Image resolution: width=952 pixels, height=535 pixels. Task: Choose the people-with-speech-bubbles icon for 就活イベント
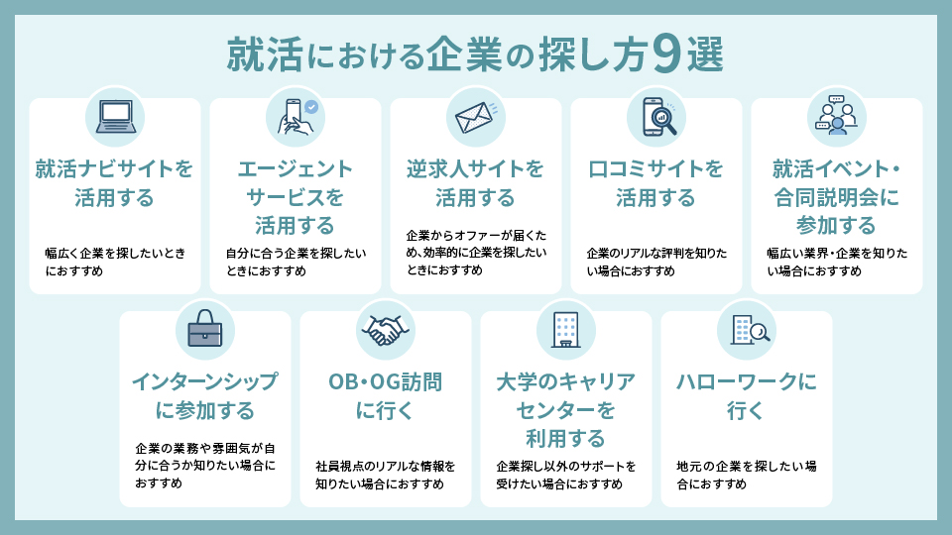coord(836,117)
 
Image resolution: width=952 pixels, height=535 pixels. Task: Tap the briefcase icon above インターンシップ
coord(205,331)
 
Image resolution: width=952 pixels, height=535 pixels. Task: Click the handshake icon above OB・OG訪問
coord(385,331)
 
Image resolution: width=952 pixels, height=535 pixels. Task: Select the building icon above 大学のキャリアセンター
coord(565,330)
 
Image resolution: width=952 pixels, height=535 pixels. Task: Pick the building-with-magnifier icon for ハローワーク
coord(747,330)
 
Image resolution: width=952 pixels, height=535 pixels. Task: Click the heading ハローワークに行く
coord(747,396)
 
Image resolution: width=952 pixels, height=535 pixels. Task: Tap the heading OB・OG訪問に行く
coord(385,396)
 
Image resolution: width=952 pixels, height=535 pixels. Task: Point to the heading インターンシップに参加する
coord(205,396)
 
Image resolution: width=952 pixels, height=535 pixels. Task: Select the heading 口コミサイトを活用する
coord(656,183)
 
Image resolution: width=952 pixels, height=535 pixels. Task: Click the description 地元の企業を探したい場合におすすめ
coord(747,475)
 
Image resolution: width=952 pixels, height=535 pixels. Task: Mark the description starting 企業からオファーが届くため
coord(476,253)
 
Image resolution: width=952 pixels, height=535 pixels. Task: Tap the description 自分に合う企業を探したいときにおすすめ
coord(296,263)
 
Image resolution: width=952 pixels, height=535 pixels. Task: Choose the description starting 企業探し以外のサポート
coord(565,475)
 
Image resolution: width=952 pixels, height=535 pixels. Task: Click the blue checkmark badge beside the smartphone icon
coord(311,106)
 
